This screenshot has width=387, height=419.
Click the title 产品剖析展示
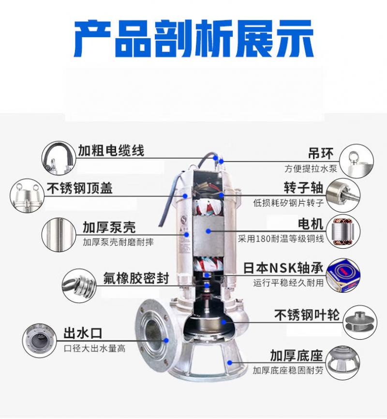[193, 39]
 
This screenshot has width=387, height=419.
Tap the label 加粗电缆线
[111, 150]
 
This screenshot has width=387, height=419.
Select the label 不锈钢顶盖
[80, 188]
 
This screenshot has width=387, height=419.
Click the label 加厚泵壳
[109, 227]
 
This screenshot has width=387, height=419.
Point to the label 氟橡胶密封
[136, 278]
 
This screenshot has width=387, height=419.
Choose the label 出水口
[83, 333]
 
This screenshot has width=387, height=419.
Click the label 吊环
[321, 153]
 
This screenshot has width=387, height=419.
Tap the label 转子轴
[304, 188]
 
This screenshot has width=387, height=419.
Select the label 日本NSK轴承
[283, 268]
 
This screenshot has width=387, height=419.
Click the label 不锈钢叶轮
[307, 315]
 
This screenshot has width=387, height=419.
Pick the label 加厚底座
[297, 356]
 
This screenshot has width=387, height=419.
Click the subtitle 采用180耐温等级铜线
[281, 239]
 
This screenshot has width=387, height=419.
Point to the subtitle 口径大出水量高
[95, 348]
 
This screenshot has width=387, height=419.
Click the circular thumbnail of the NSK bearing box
[343, 275]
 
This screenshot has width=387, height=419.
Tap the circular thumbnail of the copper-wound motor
[343, 231]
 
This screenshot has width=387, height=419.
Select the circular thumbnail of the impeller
[360, 323]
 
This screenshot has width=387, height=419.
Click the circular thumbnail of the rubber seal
[79, 285]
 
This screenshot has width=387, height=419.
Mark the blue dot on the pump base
[230, 362]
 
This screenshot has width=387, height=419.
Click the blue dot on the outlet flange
[166, 341]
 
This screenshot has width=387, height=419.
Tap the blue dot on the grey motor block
[208, 231]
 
